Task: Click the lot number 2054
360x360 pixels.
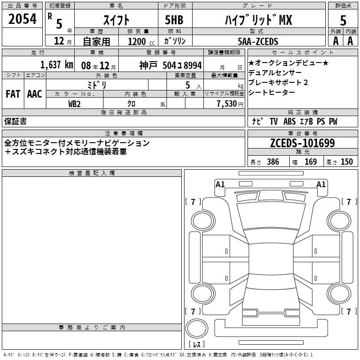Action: coord(22,19)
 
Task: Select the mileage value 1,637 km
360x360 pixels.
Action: coord(57,65)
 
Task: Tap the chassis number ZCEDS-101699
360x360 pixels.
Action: coord(302,143)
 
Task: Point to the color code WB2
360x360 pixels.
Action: coord(74,104)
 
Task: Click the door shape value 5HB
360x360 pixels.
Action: coord(174,20)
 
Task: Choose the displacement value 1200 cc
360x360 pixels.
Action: coord(141,41)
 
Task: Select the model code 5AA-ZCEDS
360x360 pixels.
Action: coord(258,41)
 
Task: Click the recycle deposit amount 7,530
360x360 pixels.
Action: coord(227,104)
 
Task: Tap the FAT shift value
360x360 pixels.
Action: coord(13,94)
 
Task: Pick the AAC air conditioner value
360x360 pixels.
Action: coord(35,94)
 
